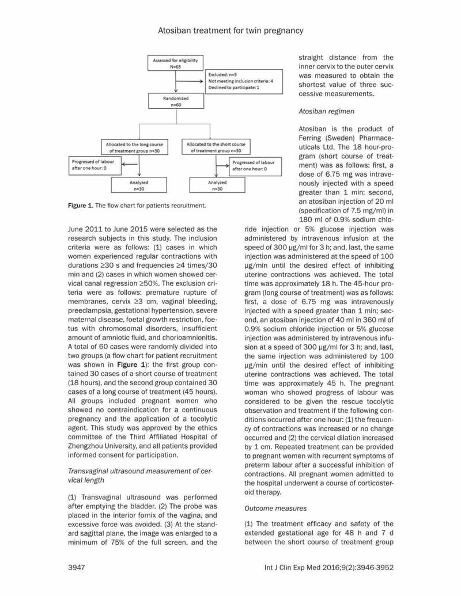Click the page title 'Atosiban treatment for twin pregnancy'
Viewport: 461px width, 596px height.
point(231,29)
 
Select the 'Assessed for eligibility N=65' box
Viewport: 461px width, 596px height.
point(175,63)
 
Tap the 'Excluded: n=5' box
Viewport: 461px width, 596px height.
point(242,81)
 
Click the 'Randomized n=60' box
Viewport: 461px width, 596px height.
point(175,102)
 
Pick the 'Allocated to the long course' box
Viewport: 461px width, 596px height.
point(134,147)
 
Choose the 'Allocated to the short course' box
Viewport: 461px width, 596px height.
point(216,147)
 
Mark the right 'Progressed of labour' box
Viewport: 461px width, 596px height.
point(254,166)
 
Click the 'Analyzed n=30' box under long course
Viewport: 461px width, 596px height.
point(138,185)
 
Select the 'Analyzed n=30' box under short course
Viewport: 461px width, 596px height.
point(217,185)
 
